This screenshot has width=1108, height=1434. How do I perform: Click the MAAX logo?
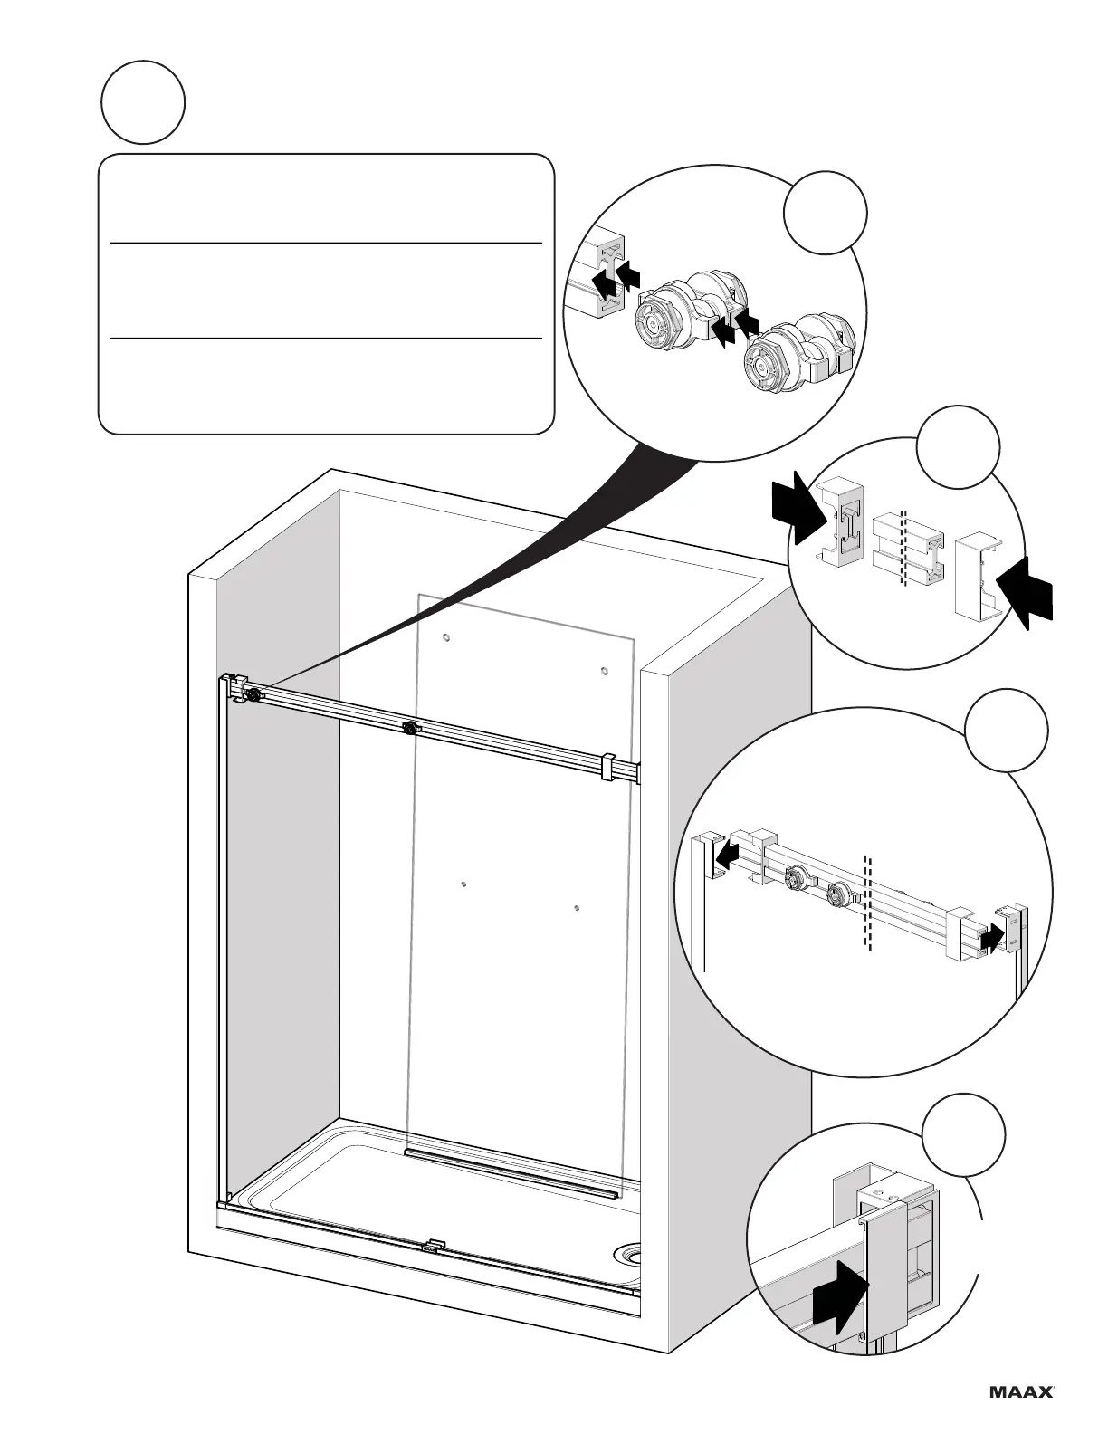(x=1019, y=1391)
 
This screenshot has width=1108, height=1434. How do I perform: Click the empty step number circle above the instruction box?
(x=144, y=102)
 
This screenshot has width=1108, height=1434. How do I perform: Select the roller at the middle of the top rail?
(x=412, y=728)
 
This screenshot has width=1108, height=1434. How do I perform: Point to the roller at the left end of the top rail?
(x=253, y=694)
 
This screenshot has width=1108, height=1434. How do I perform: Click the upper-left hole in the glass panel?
(x=445, y=637)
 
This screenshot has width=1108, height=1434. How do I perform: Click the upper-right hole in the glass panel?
(x=603, y=671)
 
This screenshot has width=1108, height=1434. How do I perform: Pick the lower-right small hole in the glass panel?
(x=577, y=907)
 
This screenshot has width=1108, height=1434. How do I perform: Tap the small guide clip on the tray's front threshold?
(x=435, y=1246)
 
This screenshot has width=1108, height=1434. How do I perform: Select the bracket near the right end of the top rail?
(x=608, y=766)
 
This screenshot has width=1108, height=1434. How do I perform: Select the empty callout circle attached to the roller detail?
(x=825, y=213)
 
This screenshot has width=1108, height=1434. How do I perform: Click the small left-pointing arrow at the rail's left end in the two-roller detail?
(x=728, y=854)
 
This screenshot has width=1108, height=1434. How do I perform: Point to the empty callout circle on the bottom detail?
(x=964, y=1136)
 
